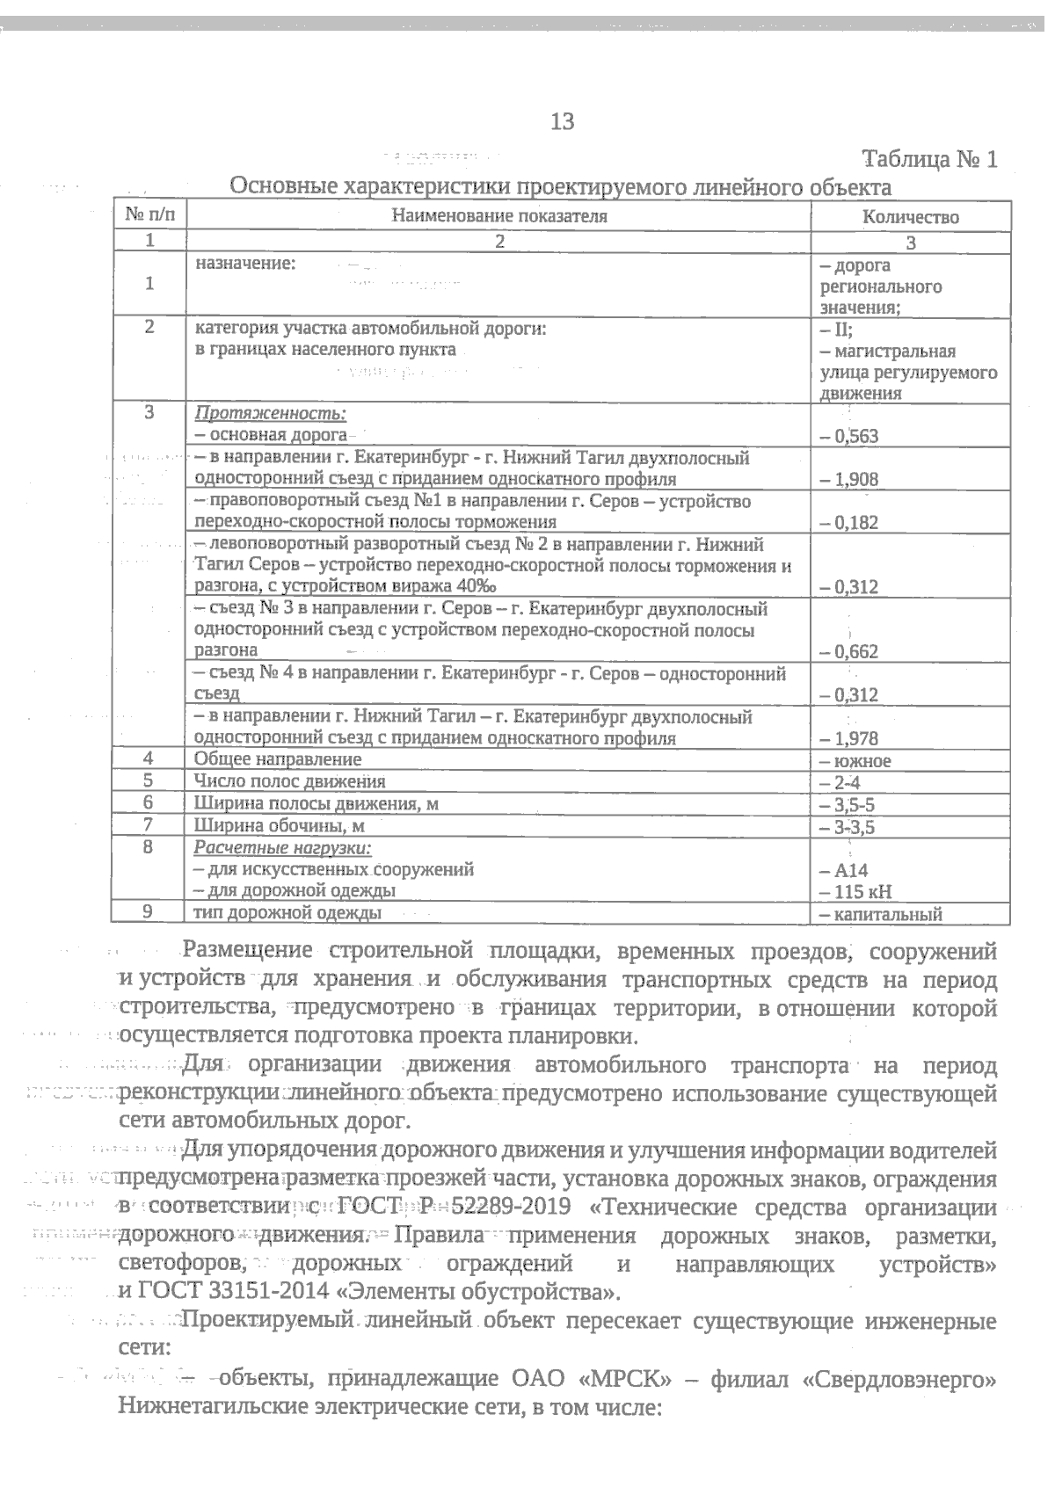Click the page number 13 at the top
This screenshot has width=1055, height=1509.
click(x=562, y=121)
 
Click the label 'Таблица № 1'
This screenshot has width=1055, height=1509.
click(x=930, y=160)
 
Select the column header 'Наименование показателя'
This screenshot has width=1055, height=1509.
click(x=499, y=216)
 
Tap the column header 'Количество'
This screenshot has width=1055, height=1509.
click(x=910, y=217)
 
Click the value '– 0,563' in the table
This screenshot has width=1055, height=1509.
click(x=849, y=436)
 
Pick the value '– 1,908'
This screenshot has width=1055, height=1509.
click(x=849, y=479)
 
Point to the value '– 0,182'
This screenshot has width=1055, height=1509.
click(x=849, y=522)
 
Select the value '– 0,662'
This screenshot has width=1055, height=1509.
click(x=849, y=651)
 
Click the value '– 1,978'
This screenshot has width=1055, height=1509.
click(x=849, y=738)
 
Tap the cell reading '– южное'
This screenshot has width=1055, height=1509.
click(x=855, y=761)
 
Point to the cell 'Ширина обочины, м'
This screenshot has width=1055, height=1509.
click(x=279, y=826)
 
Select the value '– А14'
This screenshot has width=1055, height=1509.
click(x=844, y=871)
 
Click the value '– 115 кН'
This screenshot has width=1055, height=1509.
click(x=855, y=892)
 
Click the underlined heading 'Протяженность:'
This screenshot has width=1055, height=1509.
click(x=270, y=414)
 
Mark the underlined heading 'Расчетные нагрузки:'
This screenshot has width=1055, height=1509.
click(x=283, y=848)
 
